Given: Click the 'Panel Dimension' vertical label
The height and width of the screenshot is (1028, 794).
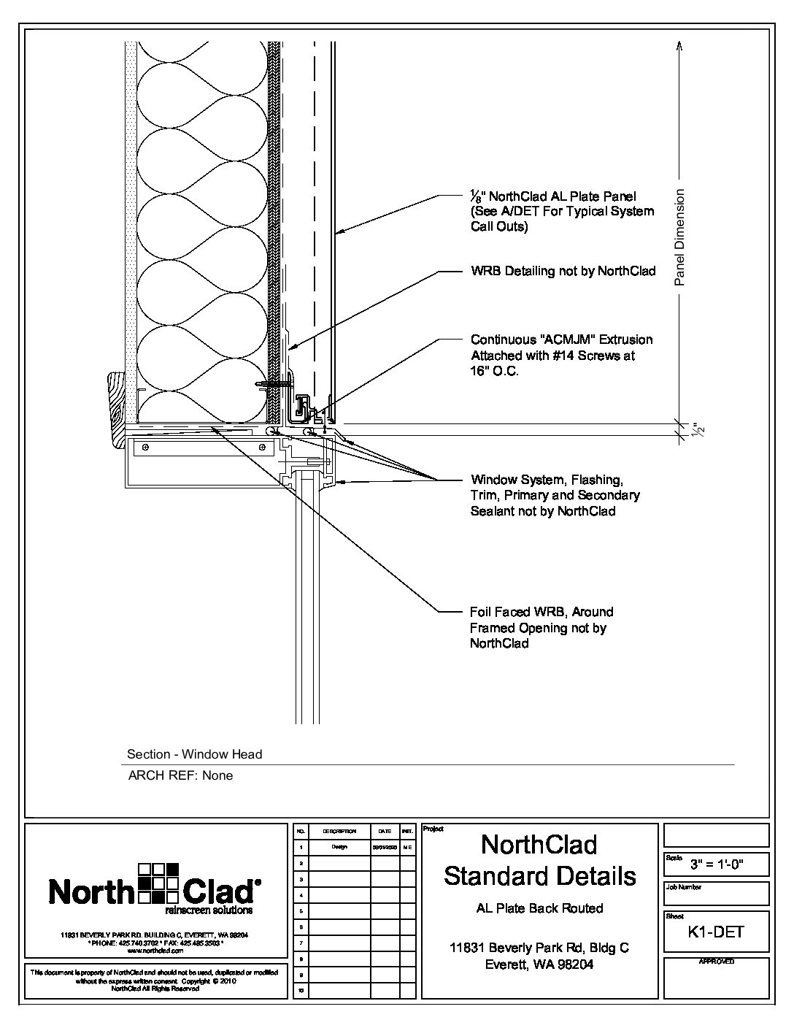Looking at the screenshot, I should click(680, 237).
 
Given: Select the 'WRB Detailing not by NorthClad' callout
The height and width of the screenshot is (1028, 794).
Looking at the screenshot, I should click(563, 272).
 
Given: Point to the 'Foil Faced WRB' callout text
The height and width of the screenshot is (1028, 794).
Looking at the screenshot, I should click(541, 612).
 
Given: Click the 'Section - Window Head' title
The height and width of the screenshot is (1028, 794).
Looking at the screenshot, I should click(194, 754).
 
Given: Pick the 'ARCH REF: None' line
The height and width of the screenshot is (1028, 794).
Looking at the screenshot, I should click(180, 775).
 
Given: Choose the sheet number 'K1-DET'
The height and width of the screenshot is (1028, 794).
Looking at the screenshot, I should click(716, 932).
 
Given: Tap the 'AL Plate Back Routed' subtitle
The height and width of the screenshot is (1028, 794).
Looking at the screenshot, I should click(539, 908).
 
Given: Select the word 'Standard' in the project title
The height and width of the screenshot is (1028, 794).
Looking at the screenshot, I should click(540, 875).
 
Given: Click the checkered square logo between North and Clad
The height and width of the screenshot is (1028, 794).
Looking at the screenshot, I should click(158, 883).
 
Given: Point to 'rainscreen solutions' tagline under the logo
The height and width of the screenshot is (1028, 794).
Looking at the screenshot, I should click(209, 911).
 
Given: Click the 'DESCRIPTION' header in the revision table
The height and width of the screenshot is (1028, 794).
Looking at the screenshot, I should click(339, 832).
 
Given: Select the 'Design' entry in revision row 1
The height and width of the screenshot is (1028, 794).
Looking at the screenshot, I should click(339, 847).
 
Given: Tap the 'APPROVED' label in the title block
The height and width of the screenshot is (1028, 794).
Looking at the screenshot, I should click(716, 962).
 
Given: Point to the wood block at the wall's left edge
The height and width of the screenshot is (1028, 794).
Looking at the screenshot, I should click(115, 409).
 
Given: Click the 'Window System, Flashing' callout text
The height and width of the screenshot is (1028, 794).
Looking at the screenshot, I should click(546, 480).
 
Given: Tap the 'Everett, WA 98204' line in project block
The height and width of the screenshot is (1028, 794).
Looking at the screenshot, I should click(539, 964).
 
